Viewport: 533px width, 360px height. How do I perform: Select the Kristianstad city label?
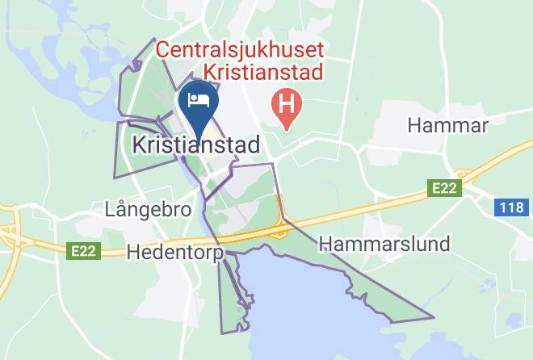pyautogui.click(x=195, y=145)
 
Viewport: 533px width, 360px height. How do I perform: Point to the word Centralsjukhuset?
pyautogui.click(x=239, y=51)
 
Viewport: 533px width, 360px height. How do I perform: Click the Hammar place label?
pyautogui.click(x=448, y=125)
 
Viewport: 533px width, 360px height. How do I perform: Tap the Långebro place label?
pyautogui.click(x=148, y=210)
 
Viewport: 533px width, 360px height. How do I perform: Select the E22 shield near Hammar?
pyautogui.click(x=443, y=188)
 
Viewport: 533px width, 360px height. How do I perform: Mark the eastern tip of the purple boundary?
pyautogui.click(x=434, y=318)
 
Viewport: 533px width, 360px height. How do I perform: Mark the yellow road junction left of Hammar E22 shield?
pyautogui.click(x=463, y=174)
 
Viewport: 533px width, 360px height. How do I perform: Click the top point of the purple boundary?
pyautogui.click(x=154, y=40)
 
